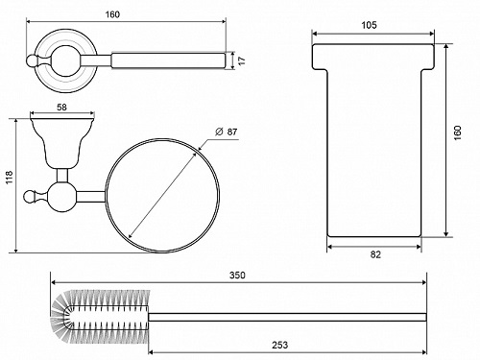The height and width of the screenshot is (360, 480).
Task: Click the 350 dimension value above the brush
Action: pos(237,276)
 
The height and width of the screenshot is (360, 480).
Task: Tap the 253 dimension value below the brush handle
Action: pos(280,345)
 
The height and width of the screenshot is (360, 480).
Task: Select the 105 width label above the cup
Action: pos(370,25)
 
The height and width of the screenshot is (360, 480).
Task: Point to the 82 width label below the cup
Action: pos(375,254)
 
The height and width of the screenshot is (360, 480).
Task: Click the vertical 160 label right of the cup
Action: pos(458,132)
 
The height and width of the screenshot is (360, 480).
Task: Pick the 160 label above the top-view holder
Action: pos(112,14)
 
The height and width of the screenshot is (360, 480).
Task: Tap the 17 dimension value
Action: pos(242,60)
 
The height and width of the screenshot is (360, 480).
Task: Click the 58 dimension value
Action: pos(61,108)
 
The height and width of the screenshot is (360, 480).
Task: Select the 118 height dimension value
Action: pos(9,177)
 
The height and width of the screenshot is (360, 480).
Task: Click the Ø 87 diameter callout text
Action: pos(226,132)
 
